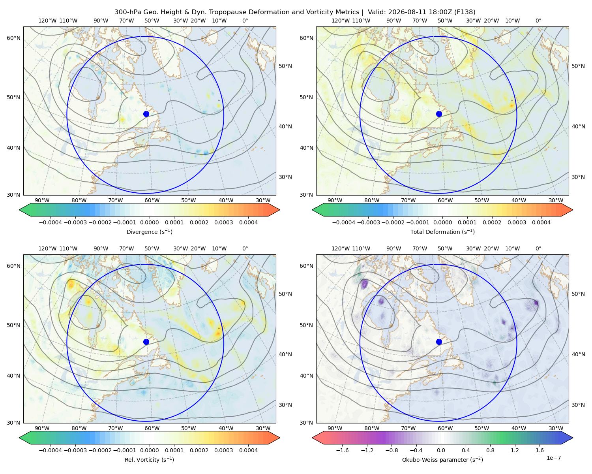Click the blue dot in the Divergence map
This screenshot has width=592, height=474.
click(x=146, y=114)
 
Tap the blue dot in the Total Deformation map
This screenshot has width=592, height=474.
click(x=439, y=114)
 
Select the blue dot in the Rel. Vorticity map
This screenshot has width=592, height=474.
click(x=146, y=342)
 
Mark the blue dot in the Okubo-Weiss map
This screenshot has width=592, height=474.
click(x=439, y=342)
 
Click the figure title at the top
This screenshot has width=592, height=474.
click(x=295, y=12)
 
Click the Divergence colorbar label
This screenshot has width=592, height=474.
click(x=149, y=232)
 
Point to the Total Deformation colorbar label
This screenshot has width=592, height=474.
click(x=442, y=232)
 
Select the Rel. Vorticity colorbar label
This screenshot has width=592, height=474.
click(x=149, y=460)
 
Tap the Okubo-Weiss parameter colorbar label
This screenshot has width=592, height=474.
click(x=442, y=460)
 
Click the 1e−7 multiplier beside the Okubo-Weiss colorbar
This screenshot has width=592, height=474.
click(x=553, y=458)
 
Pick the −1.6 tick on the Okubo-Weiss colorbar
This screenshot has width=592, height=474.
click(x=342, y=450)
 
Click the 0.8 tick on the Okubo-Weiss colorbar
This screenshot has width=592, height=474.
click(x=490, y=450)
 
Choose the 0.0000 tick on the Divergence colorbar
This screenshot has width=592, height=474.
click(x=149, y=222)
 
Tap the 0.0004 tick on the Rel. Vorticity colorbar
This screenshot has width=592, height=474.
click(x=248, y=450)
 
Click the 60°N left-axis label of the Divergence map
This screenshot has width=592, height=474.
click(x=13, y=38)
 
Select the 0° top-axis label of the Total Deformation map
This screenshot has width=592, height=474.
click(x=538, y=21)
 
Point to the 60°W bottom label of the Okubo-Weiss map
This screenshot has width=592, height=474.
click(x=445, y=428)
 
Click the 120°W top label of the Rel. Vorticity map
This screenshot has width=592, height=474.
click(x=47, y=248)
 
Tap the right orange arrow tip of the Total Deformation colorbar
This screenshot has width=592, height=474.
click(x=573, y=210)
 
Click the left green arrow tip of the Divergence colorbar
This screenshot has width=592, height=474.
click(x=19, y=210)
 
